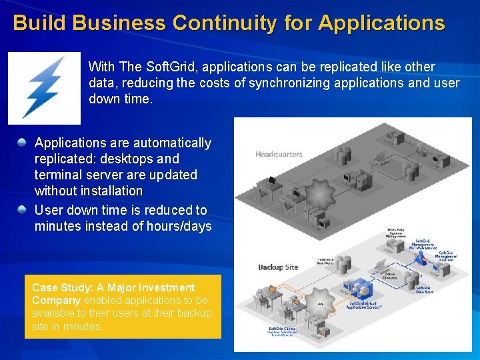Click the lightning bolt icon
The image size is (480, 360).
point(44,88)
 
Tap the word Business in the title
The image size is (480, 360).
point(119,23)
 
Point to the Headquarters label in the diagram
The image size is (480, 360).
point(279,154)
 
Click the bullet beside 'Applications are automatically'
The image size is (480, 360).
point(23,142)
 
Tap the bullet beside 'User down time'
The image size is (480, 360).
point(23,210)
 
